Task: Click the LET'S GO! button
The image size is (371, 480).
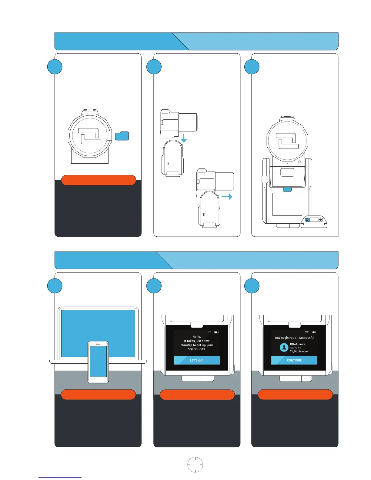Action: tap(196, 360)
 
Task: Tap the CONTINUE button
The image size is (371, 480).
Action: tap(294, 360)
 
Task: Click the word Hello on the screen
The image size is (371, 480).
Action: tap(196, 337)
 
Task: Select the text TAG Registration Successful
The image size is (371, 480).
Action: tap(294, 338)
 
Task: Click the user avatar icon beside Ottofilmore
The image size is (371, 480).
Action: tap(284, 348)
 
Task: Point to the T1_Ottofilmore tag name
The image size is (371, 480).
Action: tap(299, 352)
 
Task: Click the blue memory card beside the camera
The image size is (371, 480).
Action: tap(122, 136)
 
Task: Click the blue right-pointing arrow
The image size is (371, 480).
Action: tap(227, 197)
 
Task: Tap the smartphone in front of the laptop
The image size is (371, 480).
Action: tap(98, 362)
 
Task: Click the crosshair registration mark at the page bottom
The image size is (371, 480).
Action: tap(195, 465)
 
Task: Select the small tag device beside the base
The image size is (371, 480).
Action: tap(314, 221)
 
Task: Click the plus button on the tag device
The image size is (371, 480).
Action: tap(320, 220)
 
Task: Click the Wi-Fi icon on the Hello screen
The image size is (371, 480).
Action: tap(209, 332)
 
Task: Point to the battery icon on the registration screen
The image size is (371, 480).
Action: tap(314, 332)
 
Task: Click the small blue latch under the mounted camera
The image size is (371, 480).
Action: tap(287, 189)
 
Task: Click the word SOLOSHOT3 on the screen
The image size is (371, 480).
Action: tap(196, 349)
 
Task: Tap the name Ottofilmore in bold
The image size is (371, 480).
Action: tap(297, 344)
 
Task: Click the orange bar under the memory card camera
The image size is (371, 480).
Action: tap(98, 180)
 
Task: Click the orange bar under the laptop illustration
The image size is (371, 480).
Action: tap(98, 395)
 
